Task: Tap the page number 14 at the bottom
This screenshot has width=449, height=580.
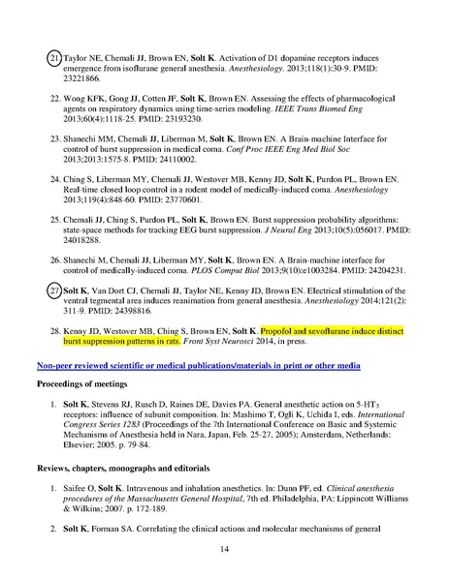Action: point(224,548)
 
